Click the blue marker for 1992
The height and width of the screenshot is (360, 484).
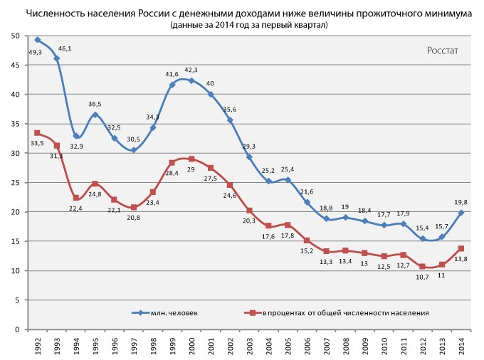[x=37, y=40]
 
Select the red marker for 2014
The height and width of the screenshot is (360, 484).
[x=461, y=248]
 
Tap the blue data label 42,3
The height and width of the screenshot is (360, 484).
[x=190, y=70]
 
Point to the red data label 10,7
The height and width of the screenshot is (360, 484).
[x=423, y=277]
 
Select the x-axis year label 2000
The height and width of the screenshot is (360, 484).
[x=191, y=346]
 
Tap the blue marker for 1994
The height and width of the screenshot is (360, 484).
[x=75, y=136]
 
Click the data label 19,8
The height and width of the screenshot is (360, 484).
[x=462, y=202]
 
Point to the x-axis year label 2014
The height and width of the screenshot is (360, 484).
[x=461, y=346]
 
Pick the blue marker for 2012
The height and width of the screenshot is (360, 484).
[x=423, y=239]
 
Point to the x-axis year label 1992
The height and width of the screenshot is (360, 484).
[x=37, y=346]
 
